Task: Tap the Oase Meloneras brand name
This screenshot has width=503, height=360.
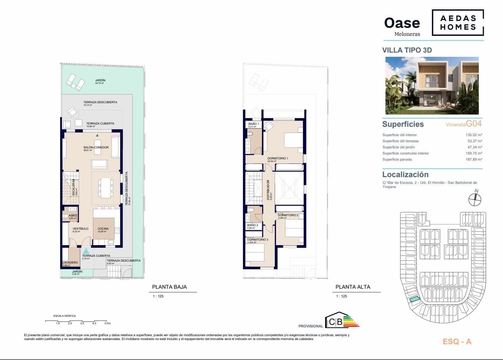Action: click(x=402, y=26)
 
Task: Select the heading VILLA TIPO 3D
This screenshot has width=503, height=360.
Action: click(x=407, y=50)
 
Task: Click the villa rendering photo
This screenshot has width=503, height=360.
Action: click(x=432, y=85)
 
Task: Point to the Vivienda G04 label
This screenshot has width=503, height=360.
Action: click(x=464, y=124)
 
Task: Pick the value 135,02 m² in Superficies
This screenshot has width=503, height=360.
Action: click(x=473, y=135)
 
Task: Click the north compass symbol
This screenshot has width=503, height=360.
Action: click(x=475, y=199)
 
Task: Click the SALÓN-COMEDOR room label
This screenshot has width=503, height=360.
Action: click(x=96, y=147)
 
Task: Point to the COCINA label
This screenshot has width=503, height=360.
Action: click(x=103, y=229)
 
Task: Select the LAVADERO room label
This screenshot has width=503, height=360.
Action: click(x=70, y=263)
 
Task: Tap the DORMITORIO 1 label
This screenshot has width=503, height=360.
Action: click(x=277, y=158)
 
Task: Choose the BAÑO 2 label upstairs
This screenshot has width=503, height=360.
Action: click(x=252, y=225)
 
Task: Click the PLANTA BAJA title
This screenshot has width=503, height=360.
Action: click(x=169, y=287)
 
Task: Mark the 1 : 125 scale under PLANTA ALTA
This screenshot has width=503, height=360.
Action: click(x=341, y=296)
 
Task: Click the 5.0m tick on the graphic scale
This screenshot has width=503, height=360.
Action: click(x=108, y=323)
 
